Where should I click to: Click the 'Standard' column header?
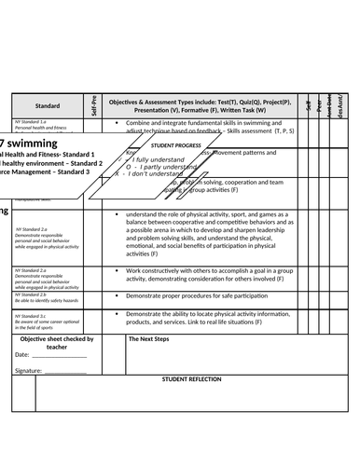48,106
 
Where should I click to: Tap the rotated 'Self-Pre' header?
94,105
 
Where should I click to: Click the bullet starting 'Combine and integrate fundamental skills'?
211,123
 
